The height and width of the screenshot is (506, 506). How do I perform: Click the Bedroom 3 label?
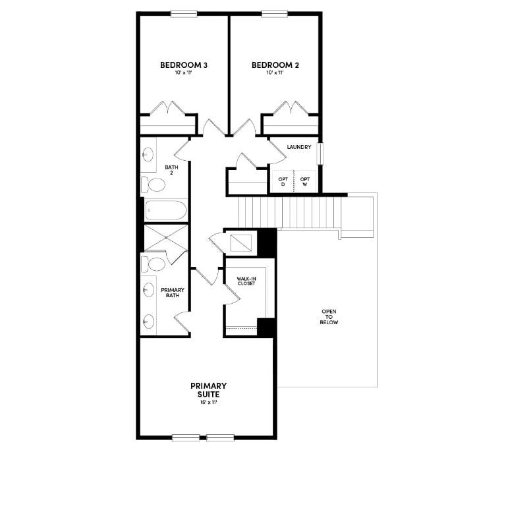(184, 65)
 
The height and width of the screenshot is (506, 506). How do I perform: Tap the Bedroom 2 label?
(275, 65)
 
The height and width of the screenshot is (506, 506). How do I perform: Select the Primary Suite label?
(208, 389)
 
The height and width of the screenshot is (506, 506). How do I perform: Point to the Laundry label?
(299, 147)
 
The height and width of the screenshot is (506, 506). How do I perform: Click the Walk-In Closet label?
(246, 281)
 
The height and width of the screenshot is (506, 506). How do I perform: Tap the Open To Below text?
(329, 317)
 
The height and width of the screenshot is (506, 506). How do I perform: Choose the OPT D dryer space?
(283, 181)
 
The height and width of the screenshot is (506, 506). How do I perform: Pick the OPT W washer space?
(305, 181)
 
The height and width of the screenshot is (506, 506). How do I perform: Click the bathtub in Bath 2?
(165, 210)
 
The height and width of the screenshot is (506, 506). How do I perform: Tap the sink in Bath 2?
(148, 155)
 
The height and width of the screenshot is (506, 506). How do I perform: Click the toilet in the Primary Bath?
(155, 264)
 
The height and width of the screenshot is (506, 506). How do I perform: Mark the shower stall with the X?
(165, 238)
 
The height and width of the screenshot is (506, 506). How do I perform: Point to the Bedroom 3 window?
(184, 13)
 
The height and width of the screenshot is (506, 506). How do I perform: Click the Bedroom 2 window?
(275, 13)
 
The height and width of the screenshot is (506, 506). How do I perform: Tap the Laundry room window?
(320, 153)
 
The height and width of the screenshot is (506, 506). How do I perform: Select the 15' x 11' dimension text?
(208, 402)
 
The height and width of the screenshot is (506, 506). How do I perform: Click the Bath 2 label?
(171, 169)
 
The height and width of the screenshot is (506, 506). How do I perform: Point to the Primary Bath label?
(173, 293)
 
